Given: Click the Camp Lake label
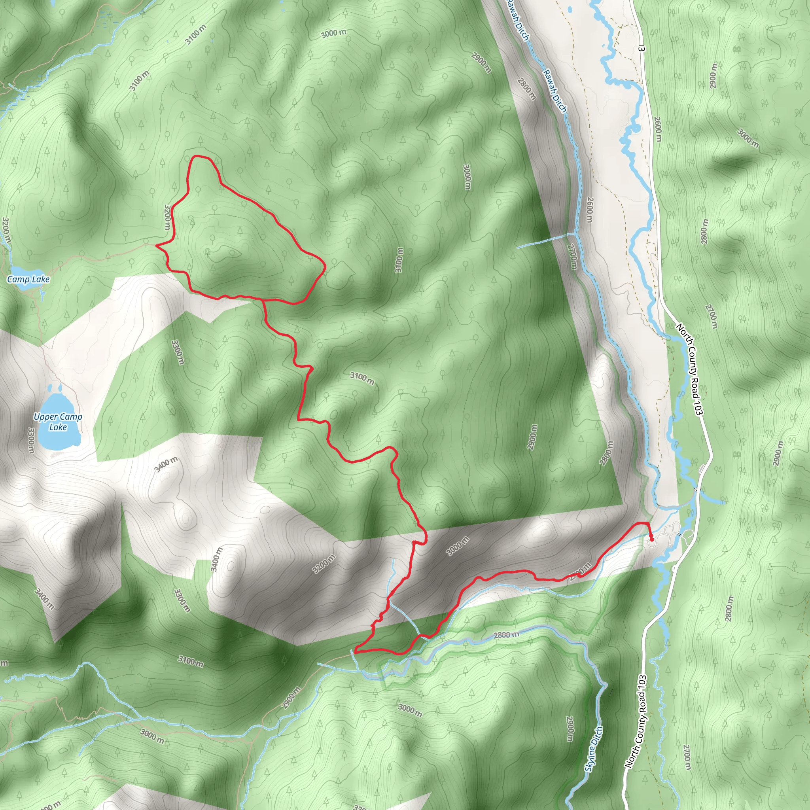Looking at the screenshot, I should coord(28,279).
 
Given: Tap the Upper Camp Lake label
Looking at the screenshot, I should coord(58,422).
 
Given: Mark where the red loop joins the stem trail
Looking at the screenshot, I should coord(263,300).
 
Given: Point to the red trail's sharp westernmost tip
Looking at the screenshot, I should coord(156,246).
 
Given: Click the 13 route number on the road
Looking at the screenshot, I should coord(641,49).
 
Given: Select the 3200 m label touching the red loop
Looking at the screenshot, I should coord(168,217).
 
